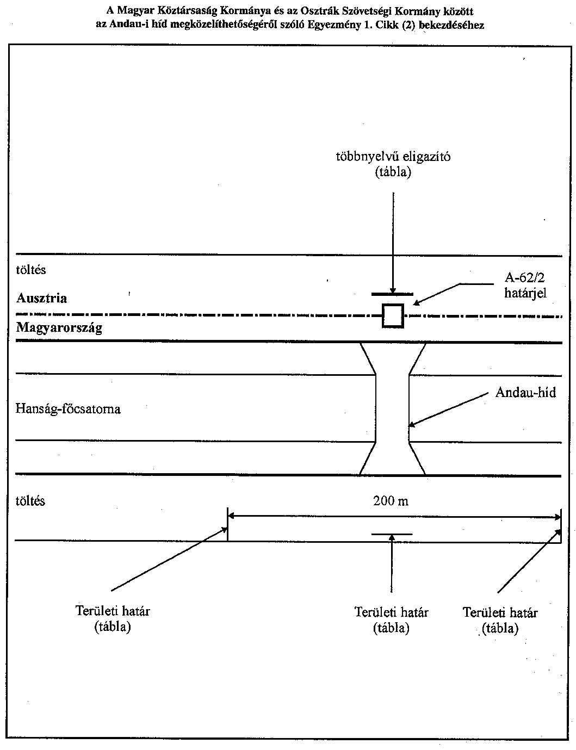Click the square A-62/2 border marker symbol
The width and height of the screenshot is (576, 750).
(x=393, y=315)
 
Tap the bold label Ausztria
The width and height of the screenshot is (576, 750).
(x=42, y=298)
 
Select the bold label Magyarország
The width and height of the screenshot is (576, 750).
(x=59, y=328)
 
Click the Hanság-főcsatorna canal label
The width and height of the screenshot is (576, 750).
(x=68, y=408)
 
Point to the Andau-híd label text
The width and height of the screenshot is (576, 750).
(x=525, y=392)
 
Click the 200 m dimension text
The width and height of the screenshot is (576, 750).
(x=391, y=501)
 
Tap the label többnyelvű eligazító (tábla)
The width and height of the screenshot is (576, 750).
(x=393, y=164)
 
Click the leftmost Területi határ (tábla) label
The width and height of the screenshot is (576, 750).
(x=113, y=618)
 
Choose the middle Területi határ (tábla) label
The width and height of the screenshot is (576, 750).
(x=391, y=620)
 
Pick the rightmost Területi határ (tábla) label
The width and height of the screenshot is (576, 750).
(x=500, y=620)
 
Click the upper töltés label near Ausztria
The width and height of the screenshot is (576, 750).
(x=31, y=270)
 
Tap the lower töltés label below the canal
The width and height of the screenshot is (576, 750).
(x=30, y=501)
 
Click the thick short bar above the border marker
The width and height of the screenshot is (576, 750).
(x=392, y=294)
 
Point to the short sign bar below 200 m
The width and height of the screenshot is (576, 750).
(x=392, y=534)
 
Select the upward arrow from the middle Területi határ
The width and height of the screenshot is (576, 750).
(x=392, y=566)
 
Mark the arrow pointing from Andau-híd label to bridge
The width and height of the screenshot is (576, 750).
(x=449, y=409)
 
